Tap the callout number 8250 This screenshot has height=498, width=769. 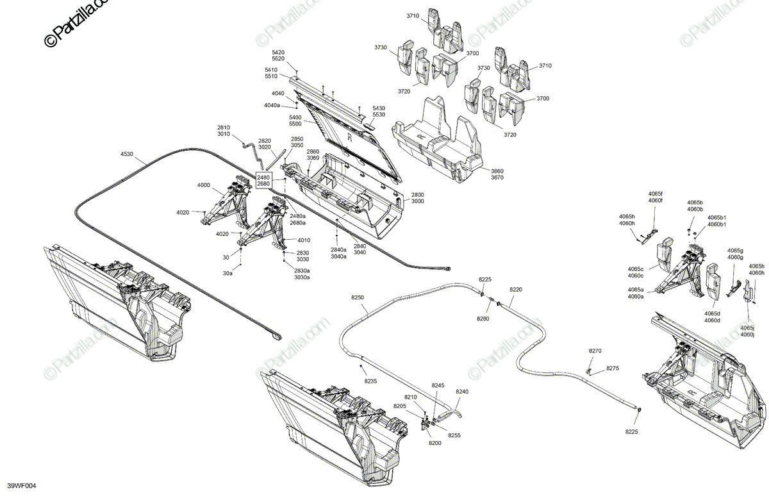[357, 298]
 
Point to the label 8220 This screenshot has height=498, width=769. [516, 290]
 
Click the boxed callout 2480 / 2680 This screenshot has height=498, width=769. [263, 180]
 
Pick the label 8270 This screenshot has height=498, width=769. [595, 351]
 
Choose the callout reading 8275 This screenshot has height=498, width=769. [613, 369]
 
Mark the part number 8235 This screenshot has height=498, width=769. [371, 381]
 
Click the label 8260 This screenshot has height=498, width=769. [483, 319]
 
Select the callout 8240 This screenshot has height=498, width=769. [462, 392]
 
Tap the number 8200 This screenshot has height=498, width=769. [435, 444]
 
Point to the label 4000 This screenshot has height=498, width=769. [204, 185]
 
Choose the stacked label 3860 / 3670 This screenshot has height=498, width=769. [497, 175]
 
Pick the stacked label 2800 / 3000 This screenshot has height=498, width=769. [418, 197]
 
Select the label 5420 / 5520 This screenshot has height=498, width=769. [279, 55]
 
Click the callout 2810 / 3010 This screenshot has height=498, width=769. [223, 131]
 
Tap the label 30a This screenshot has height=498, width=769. [228, 274]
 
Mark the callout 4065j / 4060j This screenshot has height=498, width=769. [747, 331]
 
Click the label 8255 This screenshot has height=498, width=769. [454, 435]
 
